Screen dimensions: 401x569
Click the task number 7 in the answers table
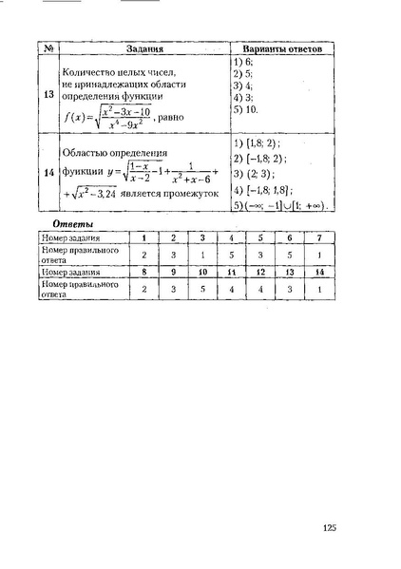click(320, 237)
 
